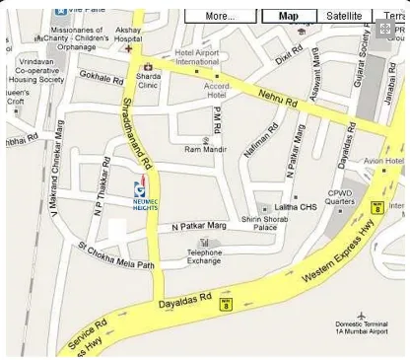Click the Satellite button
pos(344,16)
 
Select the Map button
pos(289,16)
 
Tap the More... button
pos(221,16)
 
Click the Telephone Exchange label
pos(205,256)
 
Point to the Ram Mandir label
pos(206,149)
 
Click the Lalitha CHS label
pos(296,207)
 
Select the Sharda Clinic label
pos(149,78)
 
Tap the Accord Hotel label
pos(217,90)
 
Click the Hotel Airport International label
pos(197,56)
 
